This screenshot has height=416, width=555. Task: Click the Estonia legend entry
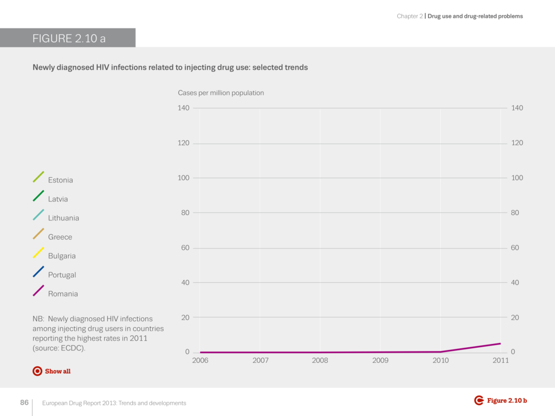coord(60,180)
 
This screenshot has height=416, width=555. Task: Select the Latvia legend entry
coord(58,199)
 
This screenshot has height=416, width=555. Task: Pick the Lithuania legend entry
coord(63,218)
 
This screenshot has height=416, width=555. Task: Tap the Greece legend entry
coord(60,237)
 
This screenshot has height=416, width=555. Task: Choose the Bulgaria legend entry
coord(62,256)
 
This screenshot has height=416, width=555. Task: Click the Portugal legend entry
coord(62,275)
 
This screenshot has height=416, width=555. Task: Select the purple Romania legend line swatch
coord(38,291)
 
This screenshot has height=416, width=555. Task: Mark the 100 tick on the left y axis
coord(183,178)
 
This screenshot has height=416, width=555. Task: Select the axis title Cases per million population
coord(221,93)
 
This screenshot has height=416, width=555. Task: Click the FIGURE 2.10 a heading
coord(68,38)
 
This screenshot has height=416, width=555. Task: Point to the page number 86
coord(24,402)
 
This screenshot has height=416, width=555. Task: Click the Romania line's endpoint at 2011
coord(500,343)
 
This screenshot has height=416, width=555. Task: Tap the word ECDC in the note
coord(75,348)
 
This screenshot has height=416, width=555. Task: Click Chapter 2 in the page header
coord(409,16)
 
